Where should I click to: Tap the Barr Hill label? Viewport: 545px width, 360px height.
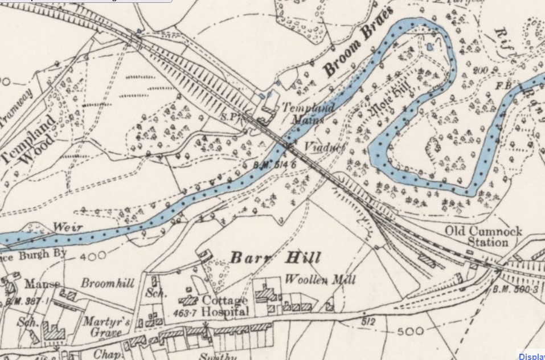275,258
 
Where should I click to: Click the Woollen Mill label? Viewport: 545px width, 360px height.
320,280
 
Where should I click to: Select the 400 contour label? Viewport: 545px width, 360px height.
92,257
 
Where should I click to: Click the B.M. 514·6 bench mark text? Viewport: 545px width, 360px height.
270,164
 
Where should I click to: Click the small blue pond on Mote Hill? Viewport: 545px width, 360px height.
430,46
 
